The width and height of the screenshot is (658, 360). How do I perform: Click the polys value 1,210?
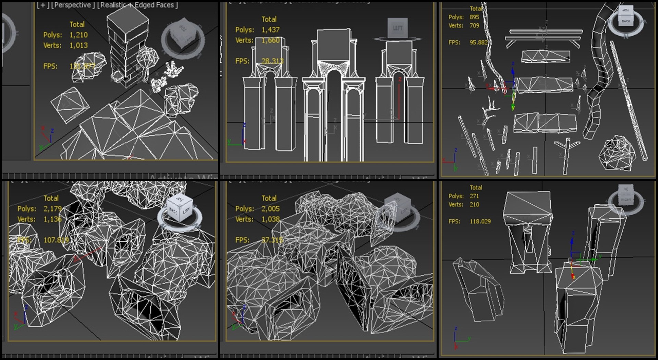[78, 35]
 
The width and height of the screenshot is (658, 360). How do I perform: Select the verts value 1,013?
[78, 45]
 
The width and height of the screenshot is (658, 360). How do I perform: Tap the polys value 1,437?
[270, 30]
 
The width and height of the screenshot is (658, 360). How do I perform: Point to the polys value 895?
[474, 17]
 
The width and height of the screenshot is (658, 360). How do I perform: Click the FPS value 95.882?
[478, 43]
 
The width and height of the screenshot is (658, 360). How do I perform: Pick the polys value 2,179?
[52, 209]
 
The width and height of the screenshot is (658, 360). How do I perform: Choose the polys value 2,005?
[270, 209]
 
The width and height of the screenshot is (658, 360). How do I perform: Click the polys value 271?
[474, 196]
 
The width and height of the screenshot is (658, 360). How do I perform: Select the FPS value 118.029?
[480, 221]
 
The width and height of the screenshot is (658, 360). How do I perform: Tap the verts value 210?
[474, 205]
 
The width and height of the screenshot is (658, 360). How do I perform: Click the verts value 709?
[474, 26]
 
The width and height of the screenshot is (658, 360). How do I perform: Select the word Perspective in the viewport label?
[73, 5]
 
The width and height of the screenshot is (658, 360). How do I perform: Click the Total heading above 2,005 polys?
[269, 198]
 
